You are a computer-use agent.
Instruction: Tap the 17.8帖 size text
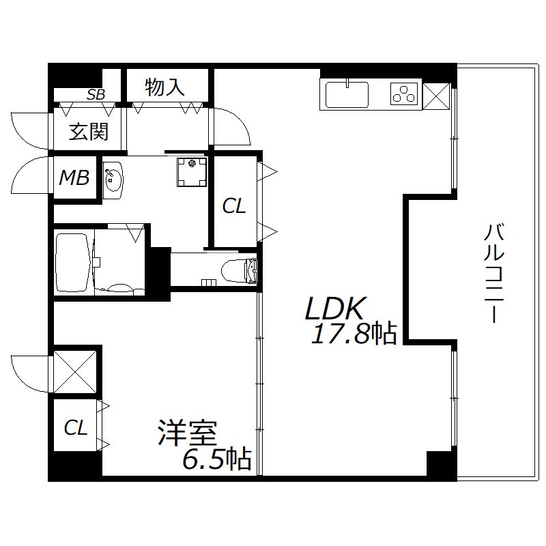coord(354,334)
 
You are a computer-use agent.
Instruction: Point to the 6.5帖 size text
coord(216,459)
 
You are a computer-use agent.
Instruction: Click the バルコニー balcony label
coord(494,272)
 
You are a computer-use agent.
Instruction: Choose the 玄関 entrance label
coord(89,131)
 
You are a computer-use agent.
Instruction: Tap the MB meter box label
coord(74,178)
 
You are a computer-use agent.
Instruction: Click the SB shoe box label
coord(96,95)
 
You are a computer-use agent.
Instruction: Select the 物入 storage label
coord(165,87)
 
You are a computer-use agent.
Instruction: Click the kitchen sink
coord(347,94)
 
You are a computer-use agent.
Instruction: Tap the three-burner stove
coord(404,94)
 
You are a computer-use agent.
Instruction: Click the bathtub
coord(74,262)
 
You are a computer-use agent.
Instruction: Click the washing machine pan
coord(191,171)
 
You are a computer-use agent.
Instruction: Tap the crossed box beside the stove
coord(436,95)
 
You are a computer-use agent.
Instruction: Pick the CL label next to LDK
coord(234,206)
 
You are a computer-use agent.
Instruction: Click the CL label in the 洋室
coord(76,428)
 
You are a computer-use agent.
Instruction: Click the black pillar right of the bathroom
coord(160,272)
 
